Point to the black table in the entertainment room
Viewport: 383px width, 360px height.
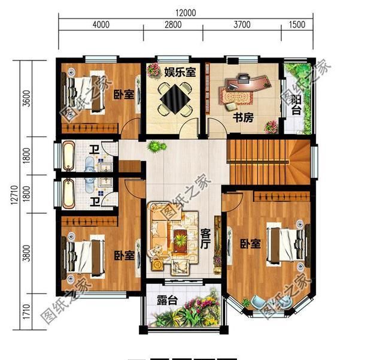click(x=174, y=98)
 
